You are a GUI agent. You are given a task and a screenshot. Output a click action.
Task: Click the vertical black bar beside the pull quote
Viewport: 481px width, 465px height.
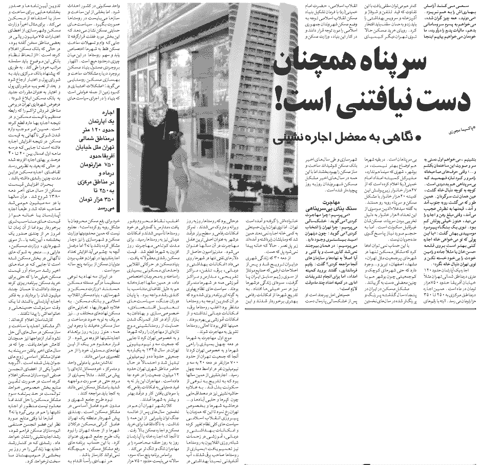[x=118, y=154]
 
